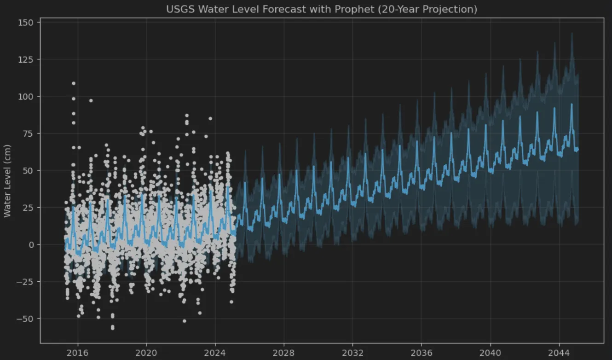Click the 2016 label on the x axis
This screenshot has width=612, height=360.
tap(78, 353)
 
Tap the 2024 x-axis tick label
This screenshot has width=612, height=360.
tap(215, 353)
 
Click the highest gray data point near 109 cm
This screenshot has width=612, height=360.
tap(74, 83)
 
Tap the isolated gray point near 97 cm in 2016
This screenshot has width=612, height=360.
tap(91, 100)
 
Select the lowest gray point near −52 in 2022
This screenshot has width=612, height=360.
tap(185, 321)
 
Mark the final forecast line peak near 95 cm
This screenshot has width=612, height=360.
tap(572, 104)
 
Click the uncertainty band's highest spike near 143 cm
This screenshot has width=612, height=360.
tap(572, 33)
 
